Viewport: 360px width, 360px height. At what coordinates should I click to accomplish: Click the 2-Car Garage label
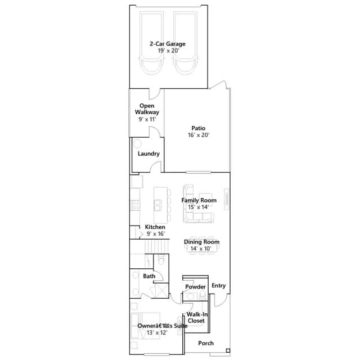(x=168, y=44)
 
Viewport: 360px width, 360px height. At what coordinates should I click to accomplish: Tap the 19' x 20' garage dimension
(x=168, y=51)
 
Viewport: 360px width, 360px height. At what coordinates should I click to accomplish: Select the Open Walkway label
(x=147, y=109)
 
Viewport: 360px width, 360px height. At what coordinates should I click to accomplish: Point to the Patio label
(x=199, y=128)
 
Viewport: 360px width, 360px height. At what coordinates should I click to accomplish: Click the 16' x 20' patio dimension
(x=199, y=135)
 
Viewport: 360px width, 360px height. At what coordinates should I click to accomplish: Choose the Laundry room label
(x=148, y=154)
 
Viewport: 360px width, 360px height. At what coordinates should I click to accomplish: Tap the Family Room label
(x=199, y=200)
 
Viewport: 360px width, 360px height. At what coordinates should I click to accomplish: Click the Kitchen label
(x=155, y=227)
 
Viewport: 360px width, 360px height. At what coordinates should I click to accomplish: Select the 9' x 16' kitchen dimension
(x=156, y=234)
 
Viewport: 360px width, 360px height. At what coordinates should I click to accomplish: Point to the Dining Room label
(x=201, y=242)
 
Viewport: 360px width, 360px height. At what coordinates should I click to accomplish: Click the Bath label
(x=149, y=276)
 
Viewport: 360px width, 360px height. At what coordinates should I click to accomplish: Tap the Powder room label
(x=195, y=287)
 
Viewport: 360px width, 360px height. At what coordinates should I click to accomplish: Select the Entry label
(x=219, y=285)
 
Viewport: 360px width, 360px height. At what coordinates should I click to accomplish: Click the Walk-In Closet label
(x=197, y=317)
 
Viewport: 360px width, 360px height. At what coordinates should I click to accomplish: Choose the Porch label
(x=206, y=343)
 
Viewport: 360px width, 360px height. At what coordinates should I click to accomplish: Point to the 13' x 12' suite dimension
(x=157, y=332)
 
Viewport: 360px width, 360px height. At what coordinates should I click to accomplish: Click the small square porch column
(x=228, y=350)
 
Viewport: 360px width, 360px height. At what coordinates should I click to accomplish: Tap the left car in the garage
(x=151, y=43)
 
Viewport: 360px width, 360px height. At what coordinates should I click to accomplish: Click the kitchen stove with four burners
(x=135, y=205)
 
